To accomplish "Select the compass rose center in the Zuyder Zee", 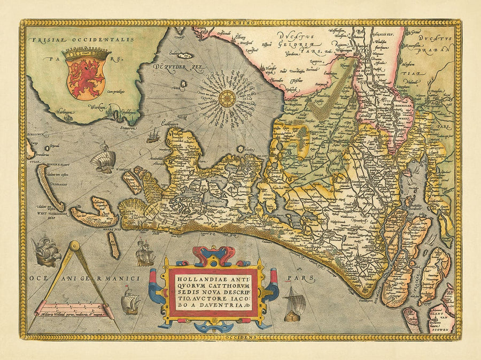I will coord(228,98).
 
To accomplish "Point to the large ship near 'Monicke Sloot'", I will coord(103,161).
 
